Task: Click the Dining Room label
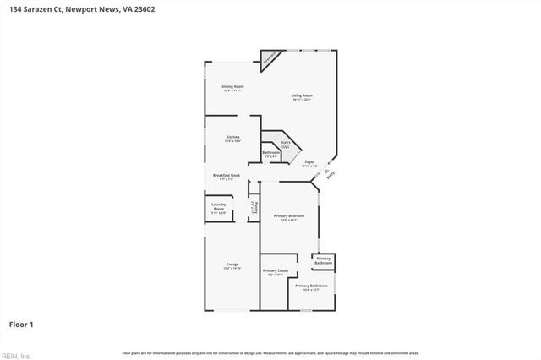click(233, 88)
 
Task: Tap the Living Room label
click(302, 97)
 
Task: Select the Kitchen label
click(232, 139)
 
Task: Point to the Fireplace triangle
click(270, 59)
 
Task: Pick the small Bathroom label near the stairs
click(270, 154)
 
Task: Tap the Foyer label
click(309, 163)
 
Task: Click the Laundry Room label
click(218, 210)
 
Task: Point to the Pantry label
click(253, 207)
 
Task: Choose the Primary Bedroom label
click(289, 218)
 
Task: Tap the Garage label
click(232, 266)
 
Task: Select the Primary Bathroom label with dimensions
click(312, 288)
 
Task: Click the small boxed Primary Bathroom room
click(324, 263)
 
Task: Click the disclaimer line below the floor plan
click(270, 352)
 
